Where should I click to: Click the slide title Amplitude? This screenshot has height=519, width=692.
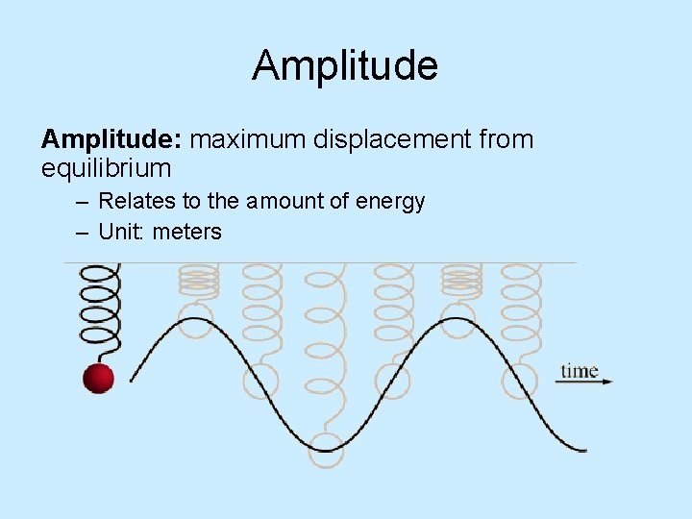coord(345,66)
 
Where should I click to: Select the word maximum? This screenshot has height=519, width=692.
coord(248,140)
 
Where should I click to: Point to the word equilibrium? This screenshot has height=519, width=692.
coord(106,170)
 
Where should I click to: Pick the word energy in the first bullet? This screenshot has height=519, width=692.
coord(390,203)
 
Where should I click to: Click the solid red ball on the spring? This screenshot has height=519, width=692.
coord(98,378)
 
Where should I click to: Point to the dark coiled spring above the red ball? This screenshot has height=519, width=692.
coord(99,309)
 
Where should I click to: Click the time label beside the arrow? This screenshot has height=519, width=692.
coord(580,371)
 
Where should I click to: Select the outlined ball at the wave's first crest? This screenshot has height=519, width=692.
coord(197,319)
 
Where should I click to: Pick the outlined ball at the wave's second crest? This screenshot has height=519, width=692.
coord(459,319)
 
